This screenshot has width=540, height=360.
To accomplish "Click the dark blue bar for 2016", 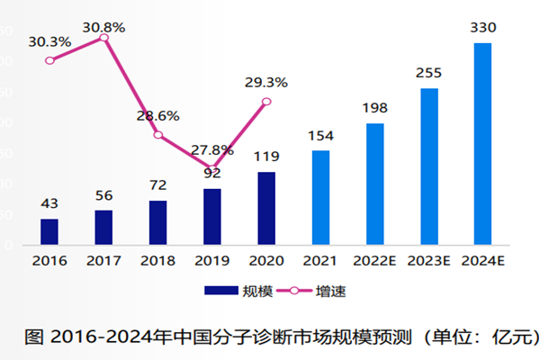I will [49, 231].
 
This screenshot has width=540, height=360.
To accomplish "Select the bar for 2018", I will [157, 222].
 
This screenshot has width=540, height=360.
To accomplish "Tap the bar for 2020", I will [266, 208].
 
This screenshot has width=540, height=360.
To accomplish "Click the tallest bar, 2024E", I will [483, 143].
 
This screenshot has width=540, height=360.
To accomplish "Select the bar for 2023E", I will [429, 166].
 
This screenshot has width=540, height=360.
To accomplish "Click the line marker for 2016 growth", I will [49, 60].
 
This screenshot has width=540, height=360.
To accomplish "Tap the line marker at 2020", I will [266, 102].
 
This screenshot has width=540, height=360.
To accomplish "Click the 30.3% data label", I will [49, 41].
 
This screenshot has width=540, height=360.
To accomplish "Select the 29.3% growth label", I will [266, 83].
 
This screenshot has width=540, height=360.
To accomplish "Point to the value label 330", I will [483, 29].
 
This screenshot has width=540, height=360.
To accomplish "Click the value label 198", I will [375, 109].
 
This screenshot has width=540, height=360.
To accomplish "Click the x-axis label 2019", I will [211, 260].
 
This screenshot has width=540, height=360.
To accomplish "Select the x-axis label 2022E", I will [375, 260].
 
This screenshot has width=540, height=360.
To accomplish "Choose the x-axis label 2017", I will [103, 260].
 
